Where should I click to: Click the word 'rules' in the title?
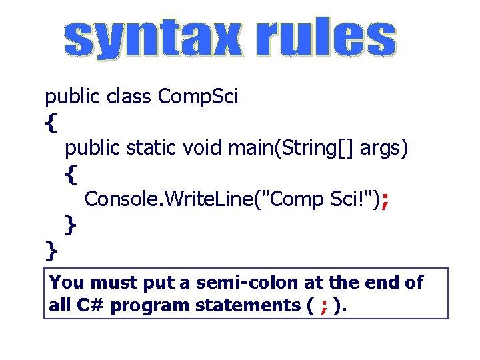point(326,39)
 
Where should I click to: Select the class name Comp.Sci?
point(199,98)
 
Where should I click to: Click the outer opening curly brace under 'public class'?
point(51,123)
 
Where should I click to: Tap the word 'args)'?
point(384,148)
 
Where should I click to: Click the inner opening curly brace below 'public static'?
point(71,174)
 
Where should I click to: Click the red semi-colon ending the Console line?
point(385,199)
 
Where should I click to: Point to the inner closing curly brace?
point(71,225)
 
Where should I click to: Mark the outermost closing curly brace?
point(51,251)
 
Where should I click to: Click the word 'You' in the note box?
point(66,283)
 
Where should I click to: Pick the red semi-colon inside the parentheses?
point(323,307)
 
